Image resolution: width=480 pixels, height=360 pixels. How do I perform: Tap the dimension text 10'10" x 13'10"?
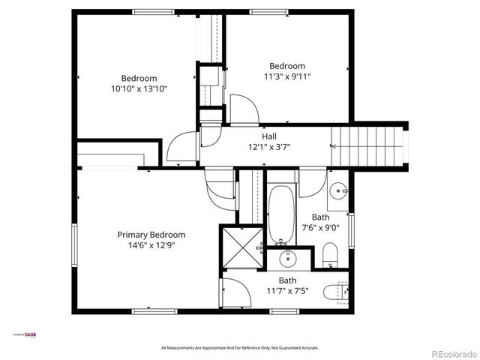pos(139,88)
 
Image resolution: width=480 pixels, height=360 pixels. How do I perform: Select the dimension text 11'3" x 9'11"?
pos(287,76)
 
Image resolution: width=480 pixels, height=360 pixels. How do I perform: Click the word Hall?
pos(268,136)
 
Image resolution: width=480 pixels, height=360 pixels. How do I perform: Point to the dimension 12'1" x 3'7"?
pos(268,147)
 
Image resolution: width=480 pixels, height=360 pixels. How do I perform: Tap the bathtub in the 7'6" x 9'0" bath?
pos(282,216)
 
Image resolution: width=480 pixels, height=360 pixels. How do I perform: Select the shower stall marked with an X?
pos(238,247)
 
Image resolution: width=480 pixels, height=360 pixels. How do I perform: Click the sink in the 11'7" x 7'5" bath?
pos(287,260)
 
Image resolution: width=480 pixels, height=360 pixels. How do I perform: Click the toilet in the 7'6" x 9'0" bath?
pos(330,254)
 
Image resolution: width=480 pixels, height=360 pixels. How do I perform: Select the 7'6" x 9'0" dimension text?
pos(320,228)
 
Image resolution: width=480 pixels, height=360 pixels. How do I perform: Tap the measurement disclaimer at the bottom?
pos(240,348)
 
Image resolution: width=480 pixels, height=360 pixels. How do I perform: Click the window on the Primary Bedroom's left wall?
pos(73,244)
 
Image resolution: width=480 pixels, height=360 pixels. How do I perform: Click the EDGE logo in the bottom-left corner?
pos(28,335)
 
